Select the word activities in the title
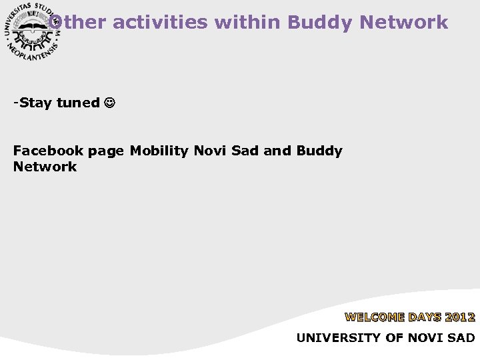click(x=161, y=22)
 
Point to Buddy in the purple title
click(x=321, y=22)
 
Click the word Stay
click(x=37, y=103)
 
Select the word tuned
click(x=78, y=103)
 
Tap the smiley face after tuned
click(x=109, y=103)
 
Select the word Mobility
click(x=159, y=151)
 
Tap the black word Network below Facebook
click(x=45, y=167)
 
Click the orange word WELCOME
click(x=374, y=317)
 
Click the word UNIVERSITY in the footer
click(x=339, y=338)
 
